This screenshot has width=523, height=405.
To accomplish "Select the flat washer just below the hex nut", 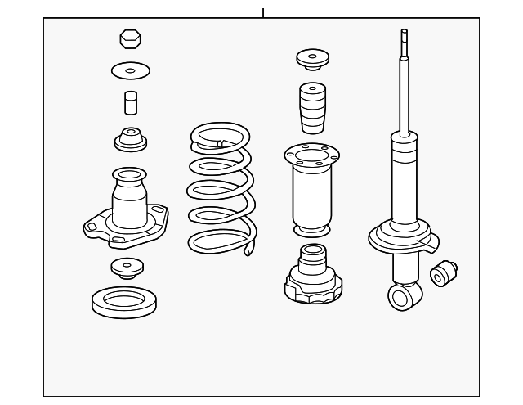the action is tap(128, 70).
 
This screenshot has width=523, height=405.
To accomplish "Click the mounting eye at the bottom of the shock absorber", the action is tap(401, 296).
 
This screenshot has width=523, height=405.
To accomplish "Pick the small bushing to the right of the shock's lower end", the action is tap(445, 272).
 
